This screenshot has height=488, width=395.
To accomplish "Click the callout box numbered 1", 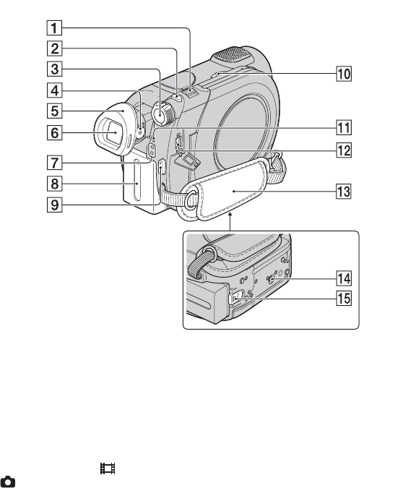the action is click(54, 28).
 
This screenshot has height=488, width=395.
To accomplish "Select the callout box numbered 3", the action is click(54, 69).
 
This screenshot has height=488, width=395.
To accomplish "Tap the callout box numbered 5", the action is click(54, 111).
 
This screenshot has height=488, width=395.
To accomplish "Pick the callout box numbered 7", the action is click(54, 163).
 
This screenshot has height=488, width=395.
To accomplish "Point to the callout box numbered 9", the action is click(54, 205).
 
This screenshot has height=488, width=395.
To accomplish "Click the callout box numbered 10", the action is click(344, 74).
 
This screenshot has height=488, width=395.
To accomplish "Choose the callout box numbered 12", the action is click(344, 150).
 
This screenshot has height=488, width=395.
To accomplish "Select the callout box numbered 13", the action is click(344, 191).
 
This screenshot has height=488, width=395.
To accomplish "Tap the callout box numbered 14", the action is click(344, 278).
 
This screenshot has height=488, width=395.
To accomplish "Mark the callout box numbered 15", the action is click(344, 298).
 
